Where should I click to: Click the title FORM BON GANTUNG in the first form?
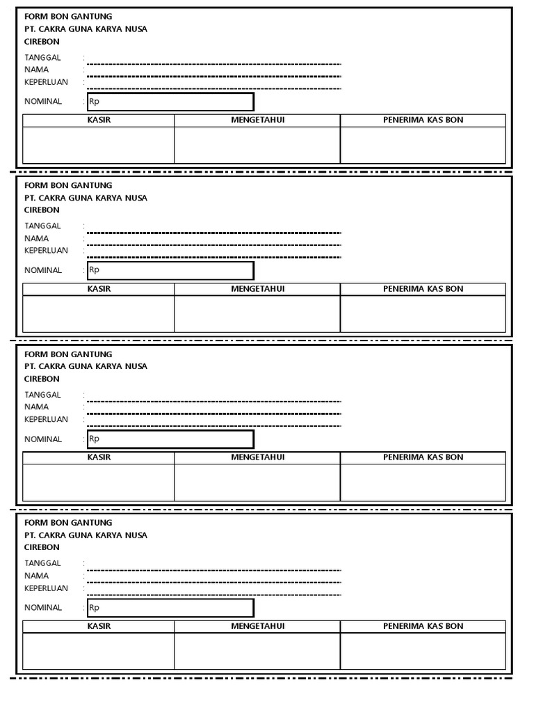[68, 16]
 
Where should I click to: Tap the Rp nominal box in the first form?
[170, 102]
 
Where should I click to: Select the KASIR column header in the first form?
[99, 120]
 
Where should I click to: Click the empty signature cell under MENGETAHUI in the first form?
[257, 145]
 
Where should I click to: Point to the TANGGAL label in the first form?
[42, 57]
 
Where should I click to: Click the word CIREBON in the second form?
[42, 210]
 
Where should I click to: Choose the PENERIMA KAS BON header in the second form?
[423, 288]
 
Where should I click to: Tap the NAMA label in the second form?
[36, 238]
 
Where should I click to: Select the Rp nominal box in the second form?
[170, 270]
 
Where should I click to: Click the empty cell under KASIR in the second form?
[99, 313]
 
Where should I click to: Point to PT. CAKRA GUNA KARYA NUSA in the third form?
[86, 366]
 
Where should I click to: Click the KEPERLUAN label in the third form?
[46, 419]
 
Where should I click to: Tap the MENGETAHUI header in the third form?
[257, 457]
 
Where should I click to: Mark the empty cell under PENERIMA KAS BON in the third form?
[423, 483]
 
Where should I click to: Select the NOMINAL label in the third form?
[43, 439]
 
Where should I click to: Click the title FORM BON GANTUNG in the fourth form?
[68, 522]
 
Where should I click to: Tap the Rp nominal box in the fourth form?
[170, 608]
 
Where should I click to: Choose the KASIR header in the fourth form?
[99, 626]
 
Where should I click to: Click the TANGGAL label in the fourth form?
[42, 563]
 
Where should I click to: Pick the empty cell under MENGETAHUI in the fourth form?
[257, 651]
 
